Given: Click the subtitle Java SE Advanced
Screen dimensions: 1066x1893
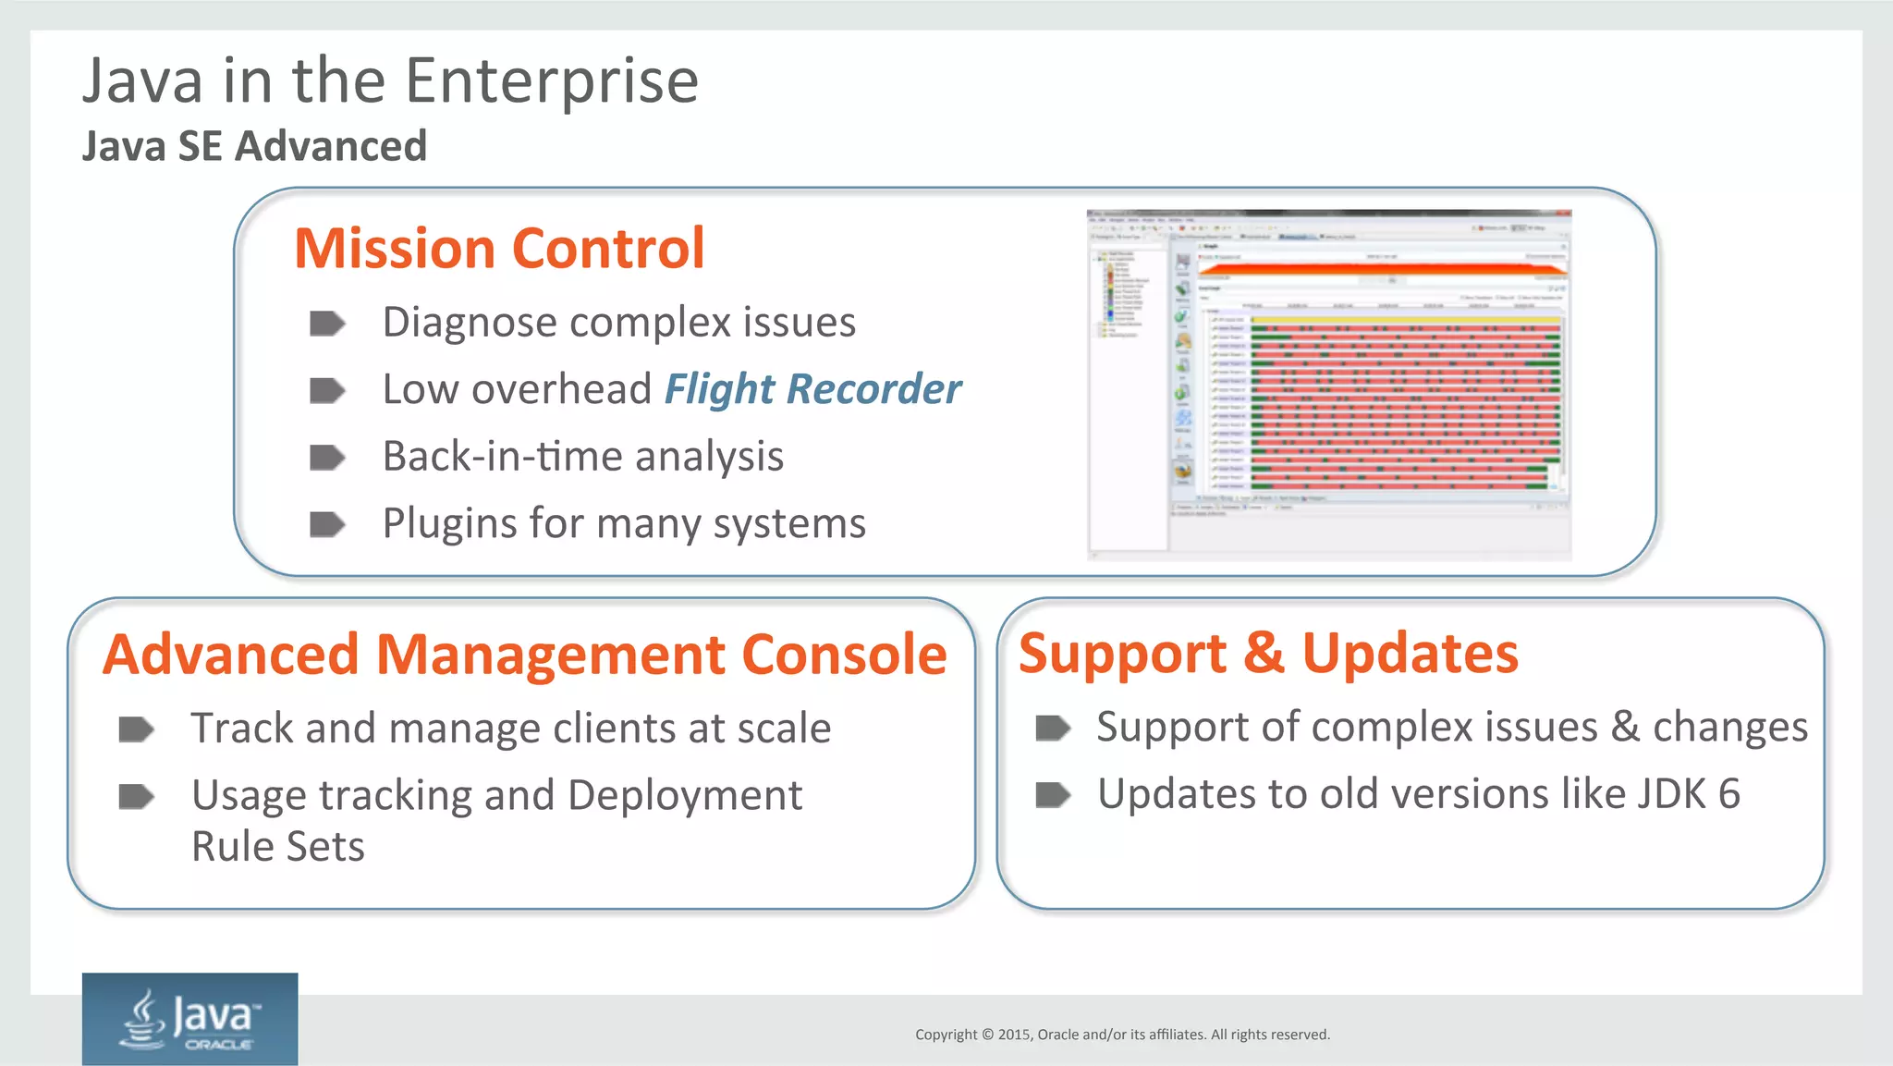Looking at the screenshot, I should coord(254,146).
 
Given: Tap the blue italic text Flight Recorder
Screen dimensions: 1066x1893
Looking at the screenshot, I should coord(812,389).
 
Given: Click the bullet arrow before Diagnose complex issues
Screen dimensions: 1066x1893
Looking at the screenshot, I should coord(326,324).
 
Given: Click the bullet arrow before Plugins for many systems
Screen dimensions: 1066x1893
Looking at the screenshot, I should coord(326,524).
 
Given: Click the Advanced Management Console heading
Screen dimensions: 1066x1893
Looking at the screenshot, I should coord(524,655).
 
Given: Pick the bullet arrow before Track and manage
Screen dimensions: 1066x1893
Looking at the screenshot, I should coord(137,729).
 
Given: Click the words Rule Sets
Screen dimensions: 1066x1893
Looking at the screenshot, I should coord(277,847).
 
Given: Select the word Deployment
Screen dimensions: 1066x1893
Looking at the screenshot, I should coord(685,796).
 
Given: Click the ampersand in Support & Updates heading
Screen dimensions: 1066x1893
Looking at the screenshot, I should coord(1264,654).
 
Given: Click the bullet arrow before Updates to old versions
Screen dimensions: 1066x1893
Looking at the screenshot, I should coord(1053,795).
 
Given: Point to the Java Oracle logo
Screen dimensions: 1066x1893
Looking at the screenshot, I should coord(189,1019).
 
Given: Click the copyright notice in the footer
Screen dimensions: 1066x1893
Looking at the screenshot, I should coord(1122,1035).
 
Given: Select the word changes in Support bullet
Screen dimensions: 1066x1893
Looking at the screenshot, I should coord(1729,728).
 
